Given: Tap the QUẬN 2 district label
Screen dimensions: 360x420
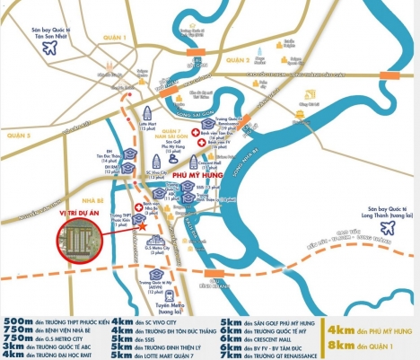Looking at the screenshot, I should tap(235, 59).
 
